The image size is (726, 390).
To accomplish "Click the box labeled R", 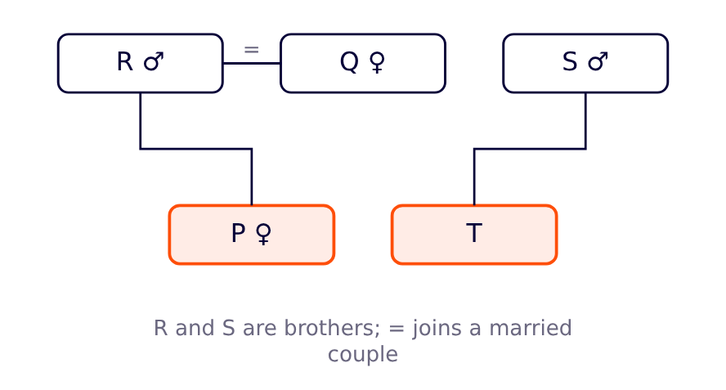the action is (141, 64).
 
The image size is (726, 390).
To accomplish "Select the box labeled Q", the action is (363, 64).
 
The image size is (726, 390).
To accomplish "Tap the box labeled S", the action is (585, 64).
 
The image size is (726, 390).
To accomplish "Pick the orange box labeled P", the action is (252, 235).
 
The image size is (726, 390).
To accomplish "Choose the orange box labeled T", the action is (474, 235).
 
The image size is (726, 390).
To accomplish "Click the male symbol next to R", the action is (154, 61).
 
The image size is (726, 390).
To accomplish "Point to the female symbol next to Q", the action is (378, 62).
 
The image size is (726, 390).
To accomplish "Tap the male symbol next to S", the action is (598, 61).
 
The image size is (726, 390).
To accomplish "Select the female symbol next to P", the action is (264, 234).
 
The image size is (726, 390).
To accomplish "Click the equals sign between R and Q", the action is (252, 49).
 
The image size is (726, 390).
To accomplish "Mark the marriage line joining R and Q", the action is (252, 64).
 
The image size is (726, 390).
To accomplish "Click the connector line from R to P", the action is (196, 149).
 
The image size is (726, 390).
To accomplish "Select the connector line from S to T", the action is (530, 149).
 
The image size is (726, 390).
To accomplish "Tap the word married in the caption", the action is (531, 328).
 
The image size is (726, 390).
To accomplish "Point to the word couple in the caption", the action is (363, 355).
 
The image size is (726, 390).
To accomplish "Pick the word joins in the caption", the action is (437, 329).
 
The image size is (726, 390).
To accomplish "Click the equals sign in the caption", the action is (397, 329).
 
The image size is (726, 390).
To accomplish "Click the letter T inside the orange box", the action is (474, 232).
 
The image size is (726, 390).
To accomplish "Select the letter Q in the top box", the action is (350, 62).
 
